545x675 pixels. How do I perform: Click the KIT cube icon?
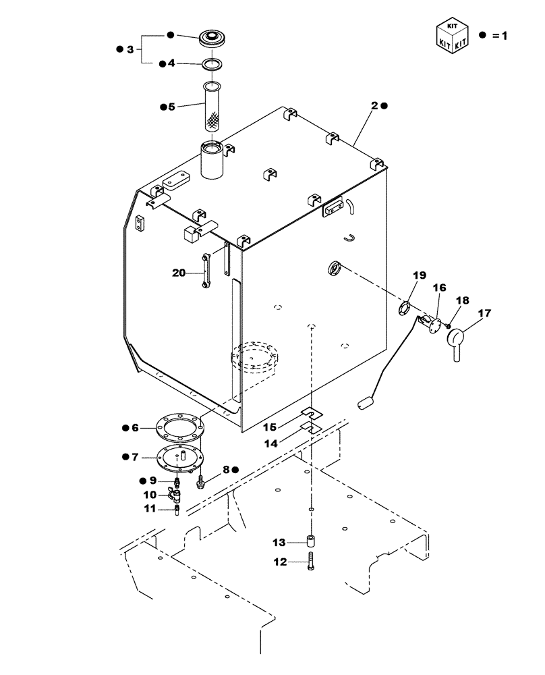coord(452,36)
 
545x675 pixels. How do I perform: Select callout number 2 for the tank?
coord(374,105)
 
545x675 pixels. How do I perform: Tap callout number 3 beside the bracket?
coord(130,49)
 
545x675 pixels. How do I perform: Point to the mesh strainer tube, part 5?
coord(214,108)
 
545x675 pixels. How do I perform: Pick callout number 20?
coord(178,273)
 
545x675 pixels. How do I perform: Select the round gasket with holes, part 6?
coord(179,427)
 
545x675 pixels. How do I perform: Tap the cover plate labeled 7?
coord(179,458)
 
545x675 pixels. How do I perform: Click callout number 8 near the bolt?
coord(226,468)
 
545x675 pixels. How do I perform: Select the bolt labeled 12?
coord(311,562)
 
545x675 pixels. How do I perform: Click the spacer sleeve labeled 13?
coord(311,542)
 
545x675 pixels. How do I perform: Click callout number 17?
coord(484,313)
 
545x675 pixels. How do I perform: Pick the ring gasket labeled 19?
coord(403,308)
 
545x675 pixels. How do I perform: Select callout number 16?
coord(439,288)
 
